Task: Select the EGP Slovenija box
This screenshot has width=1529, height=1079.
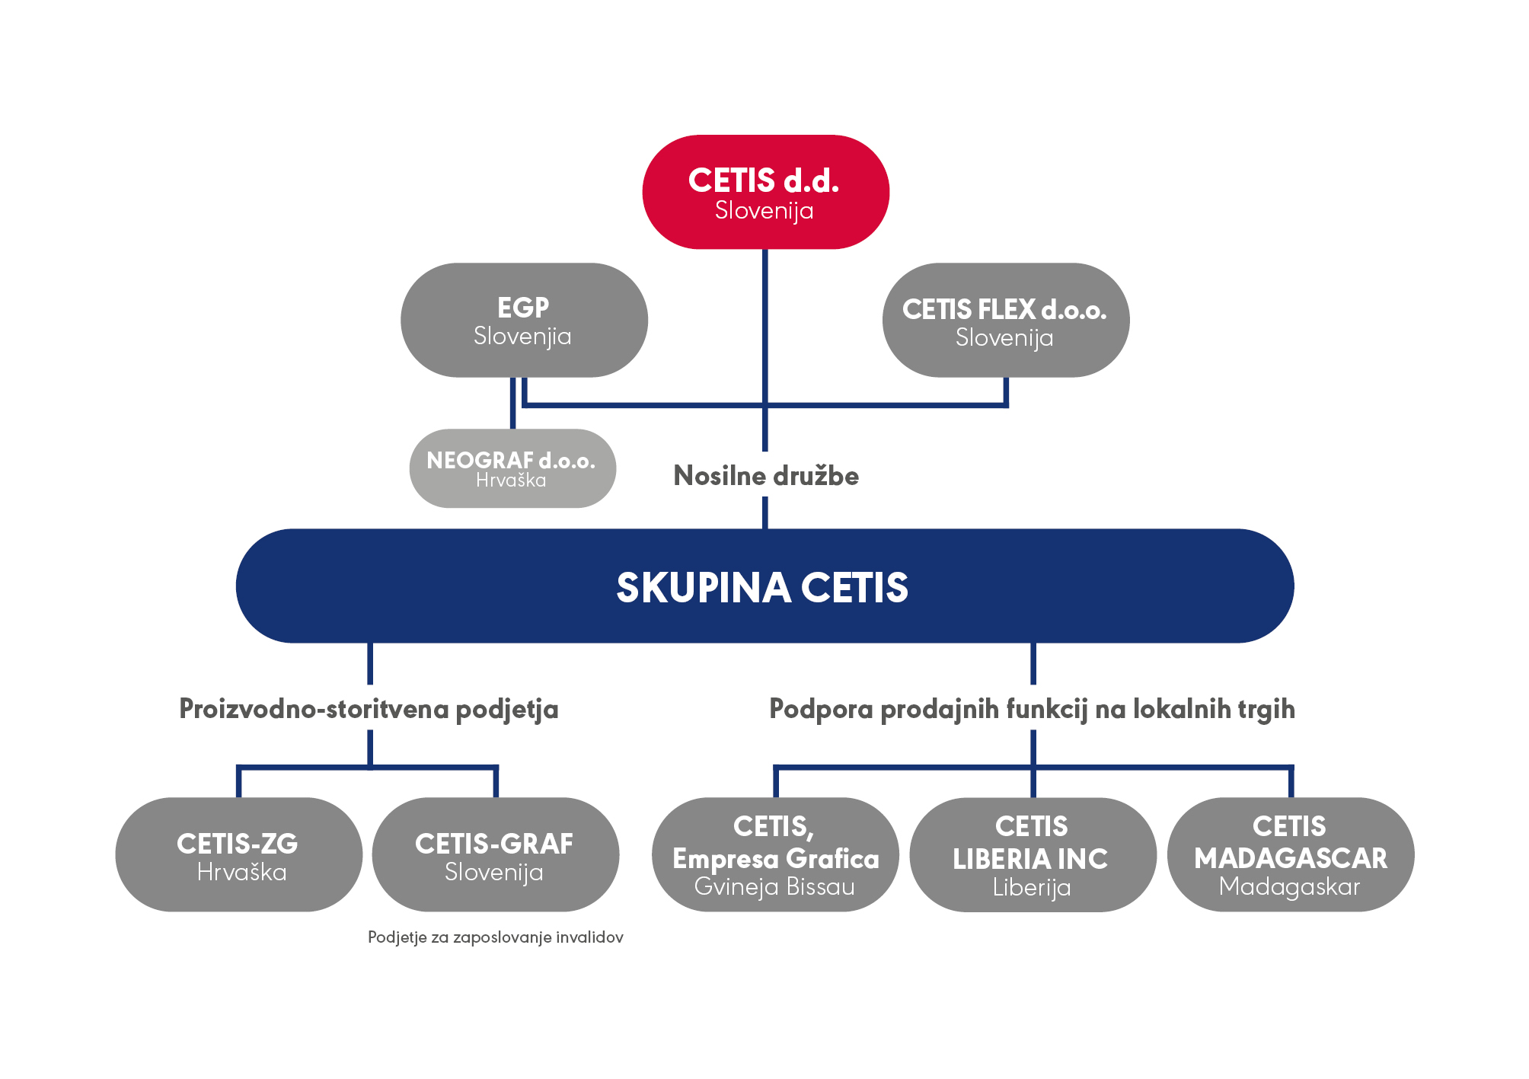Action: coord(524,320)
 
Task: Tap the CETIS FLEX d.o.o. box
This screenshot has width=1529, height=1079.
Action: coord(1005,320)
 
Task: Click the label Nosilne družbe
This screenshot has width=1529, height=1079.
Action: coord(766,476)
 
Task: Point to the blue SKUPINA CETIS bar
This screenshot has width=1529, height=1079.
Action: coord(764,586)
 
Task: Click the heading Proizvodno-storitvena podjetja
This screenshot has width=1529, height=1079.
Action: coord(369,709)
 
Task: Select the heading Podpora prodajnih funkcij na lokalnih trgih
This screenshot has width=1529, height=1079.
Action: coord(1032,709)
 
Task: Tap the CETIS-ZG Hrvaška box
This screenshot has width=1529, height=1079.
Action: coord(238,854)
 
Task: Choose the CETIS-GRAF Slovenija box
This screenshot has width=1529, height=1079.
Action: coord(495,854)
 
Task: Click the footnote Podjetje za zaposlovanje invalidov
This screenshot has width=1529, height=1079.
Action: coord(496,937)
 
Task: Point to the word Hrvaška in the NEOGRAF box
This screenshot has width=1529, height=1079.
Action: coord(511,480)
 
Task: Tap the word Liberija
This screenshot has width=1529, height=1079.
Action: coord(1032,888)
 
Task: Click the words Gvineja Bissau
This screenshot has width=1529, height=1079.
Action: coord(774,887)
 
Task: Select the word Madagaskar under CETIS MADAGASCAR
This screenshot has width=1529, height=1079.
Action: coord(1289,887)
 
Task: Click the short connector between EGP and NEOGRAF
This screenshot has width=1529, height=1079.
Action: coord(512,404)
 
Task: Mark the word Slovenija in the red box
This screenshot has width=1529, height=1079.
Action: coord(764,210)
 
